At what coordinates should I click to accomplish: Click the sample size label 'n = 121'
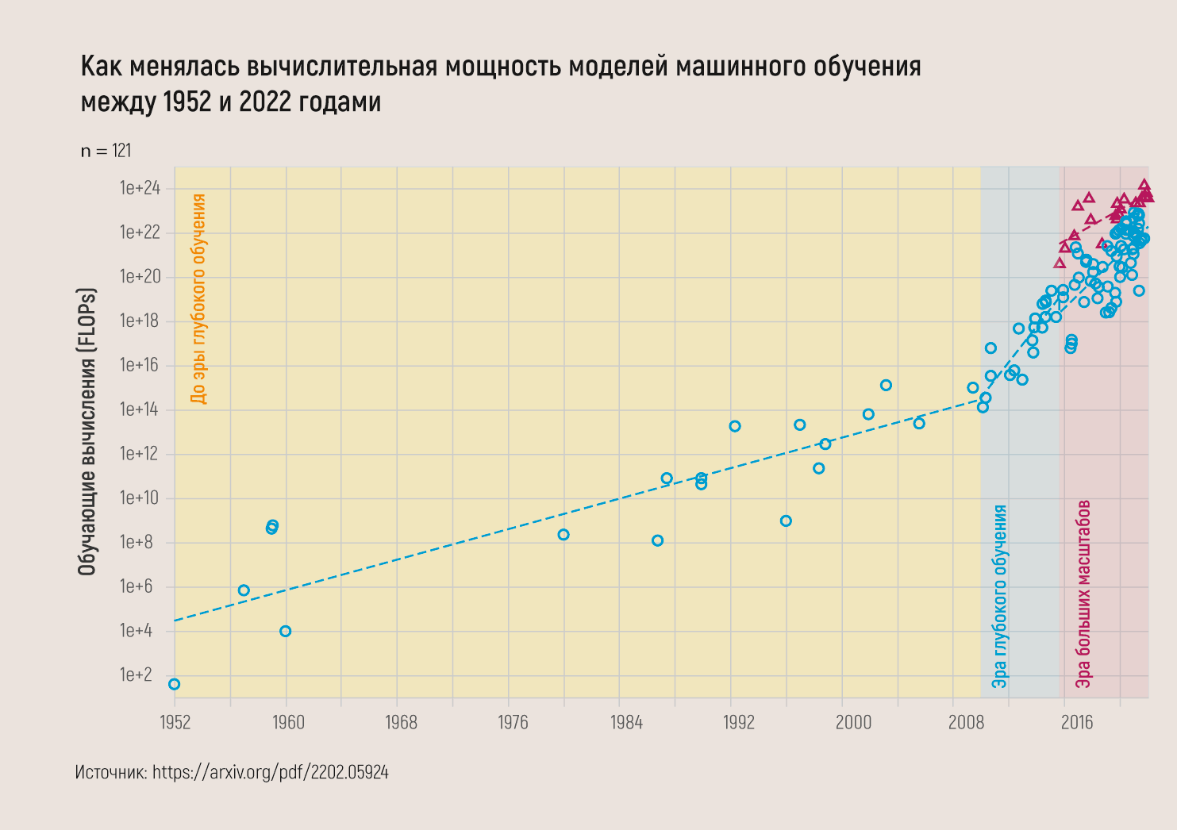pyautogui.click(x=106, y=151)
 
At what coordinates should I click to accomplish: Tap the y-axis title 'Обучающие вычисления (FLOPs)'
pyautogui.click(x=87, y=432)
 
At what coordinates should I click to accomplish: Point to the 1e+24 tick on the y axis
pyautogui.click(x=140, y=189)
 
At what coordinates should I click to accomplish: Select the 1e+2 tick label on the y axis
pyautogui.click(x=136, y=675)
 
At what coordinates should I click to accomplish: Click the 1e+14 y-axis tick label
pyautogui.click(x=140, y=410)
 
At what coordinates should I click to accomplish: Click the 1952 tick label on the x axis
pyautogui.click(x=175, y=722)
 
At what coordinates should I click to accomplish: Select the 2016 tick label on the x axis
pyautogui.click(x=1077, y=722)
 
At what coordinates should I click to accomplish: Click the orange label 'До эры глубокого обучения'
pyautogui.click(x=198, y=299)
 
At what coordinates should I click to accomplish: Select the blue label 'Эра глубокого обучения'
pyautogui.click(x=999, y=596)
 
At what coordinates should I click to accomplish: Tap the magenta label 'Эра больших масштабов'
pyautogui.click(x=1083, y=594)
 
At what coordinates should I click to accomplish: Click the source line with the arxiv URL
pyautogui.click(x=232, y=772)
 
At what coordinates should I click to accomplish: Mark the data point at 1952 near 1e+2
pyautogui.click(x=175, y=684)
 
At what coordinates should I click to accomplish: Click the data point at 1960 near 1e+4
pyautogui.click(x=286, y=631)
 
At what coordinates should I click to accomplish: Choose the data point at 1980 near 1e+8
pyautogui.click(x=563, y=535)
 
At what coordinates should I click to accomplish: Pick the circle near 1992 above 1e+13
pyautogui.click(x=735, y=426)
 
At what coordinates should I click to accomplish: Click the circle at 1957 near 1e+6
pyautogui.click(x=244, y=590)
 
